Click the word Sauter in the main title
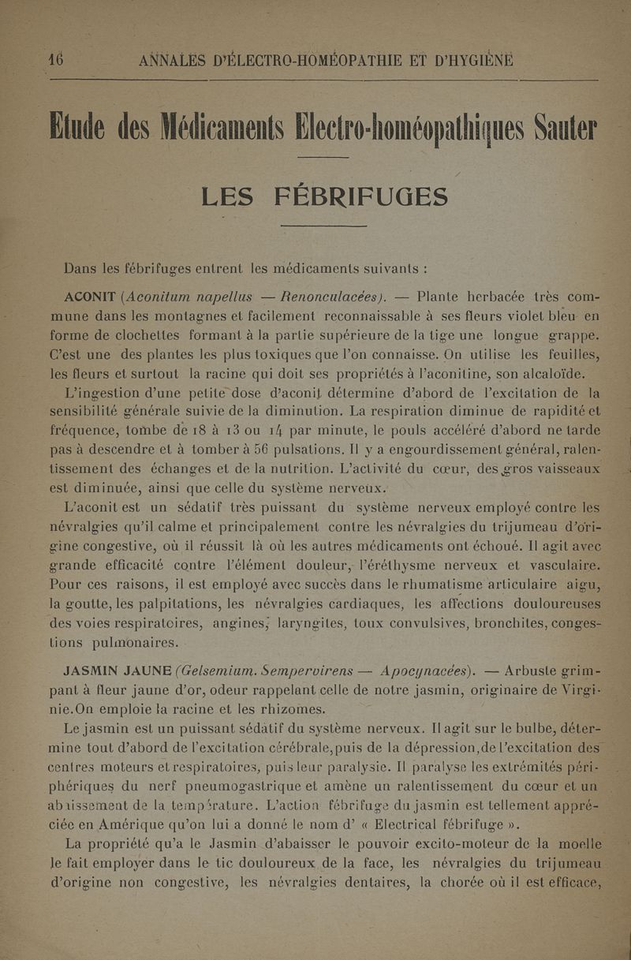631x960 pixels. coord(561,126)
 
